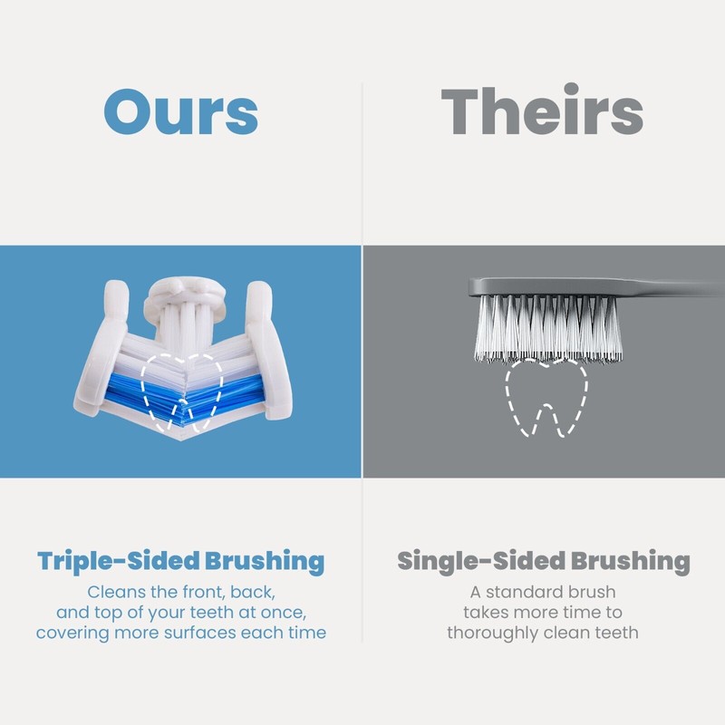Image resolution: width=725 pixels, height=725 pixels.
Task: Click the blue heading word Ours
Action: pyautogui.click(x=181, y=112)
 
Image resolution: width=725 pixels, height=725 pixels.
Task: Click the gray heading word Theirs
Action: pyautogui.click(x=542, y=112)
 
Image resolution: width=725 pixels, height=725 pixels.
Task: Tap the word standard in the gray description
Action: pyautogui.click(x=541, y=592)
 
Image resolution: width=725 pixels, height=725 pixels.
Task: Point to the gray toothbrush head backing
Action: pyautogui.click(x=544, y=287)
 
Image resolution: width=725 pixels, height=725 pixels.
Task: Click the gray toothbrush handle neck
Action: pyautogui.click(x=671, y=287)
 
